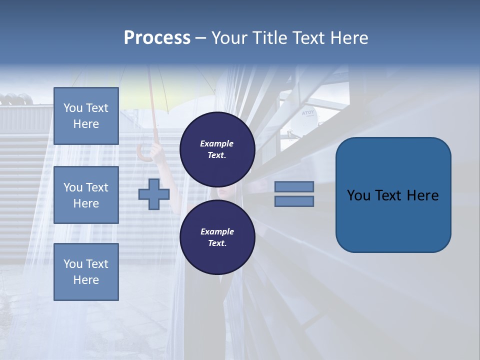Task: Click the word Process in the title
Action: (157, 38)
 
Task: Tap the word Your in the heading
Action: (229, 38)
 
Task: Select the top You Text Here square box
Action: (86, 116)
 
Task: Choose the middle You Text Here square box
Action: (86, 195)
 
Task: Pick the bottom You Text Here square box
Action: (86, 271)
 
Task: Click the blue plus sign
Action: (154, 194)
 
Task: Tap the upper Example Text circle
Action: (217, 149)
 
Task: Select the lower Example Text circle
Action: (217, 237)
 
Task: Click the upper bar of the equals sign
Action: (294, 186)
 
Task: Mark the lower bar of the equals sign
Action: (294, 201)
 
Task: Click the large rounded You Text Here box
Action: (393, 195)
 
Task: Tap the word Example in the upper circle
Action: (216, 143)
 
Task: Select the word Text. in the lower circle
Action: (216, 243)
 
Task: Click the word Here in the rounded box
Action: (422, 195)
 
